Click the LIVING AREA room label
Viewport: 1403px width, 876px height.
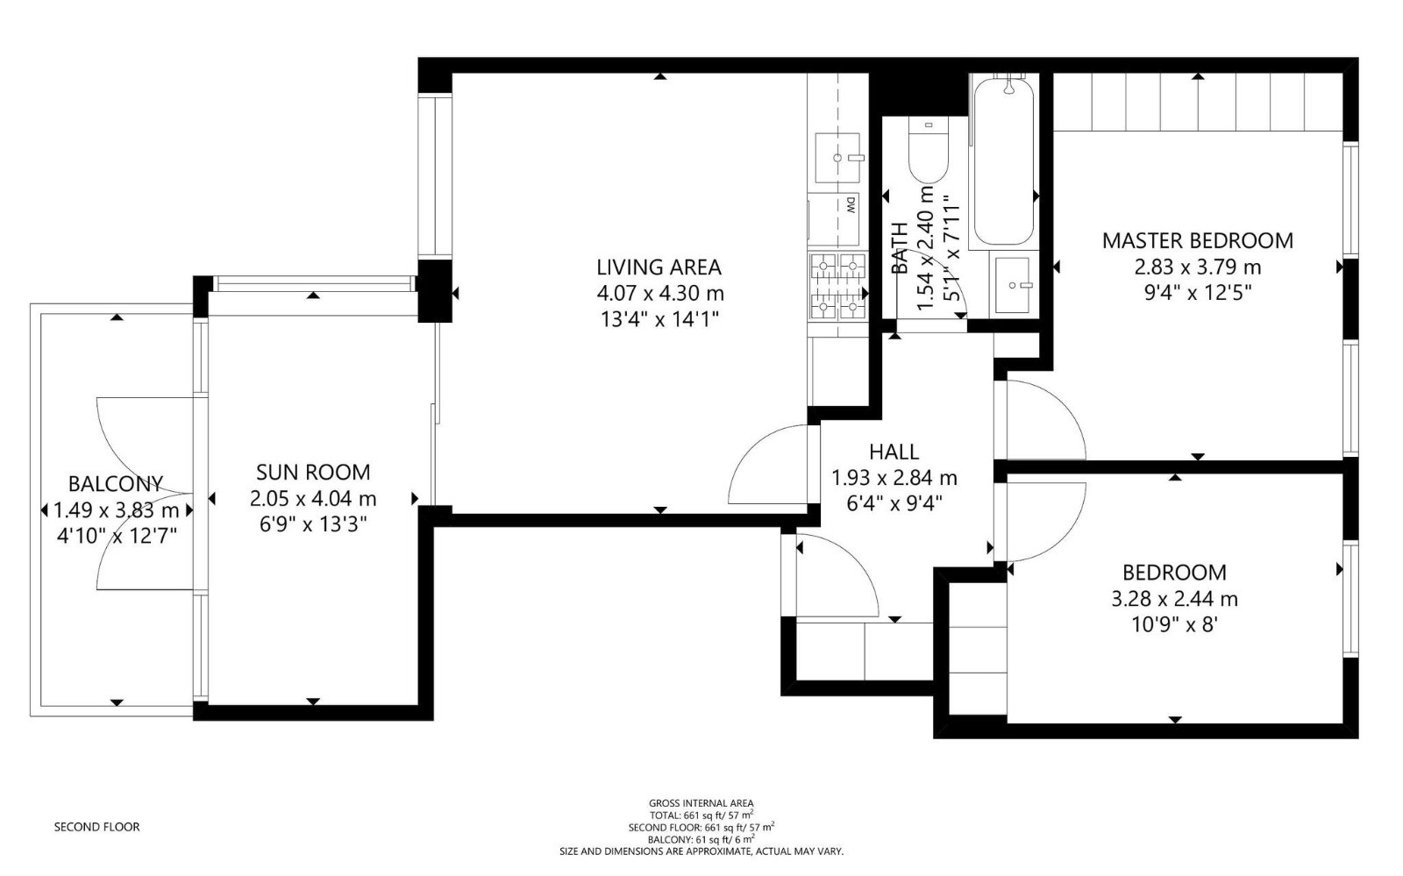pos(659,267)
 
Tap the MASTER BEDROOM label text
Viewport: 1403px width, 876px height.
pos(1198,241)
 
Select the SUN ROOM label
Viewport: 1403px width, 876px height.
pos(313,472)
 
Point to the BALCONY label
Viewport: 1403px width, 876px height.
pos(116,484)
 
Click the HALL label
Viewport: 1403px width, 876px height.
pos(894,452)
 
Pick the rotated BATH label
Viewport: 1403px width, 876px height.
pos(900,248)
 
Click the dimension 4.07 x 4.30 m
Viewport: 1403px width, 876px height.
pos(660,293)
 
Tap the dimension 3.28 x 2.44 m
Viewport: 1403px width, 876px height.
pos(1174,599)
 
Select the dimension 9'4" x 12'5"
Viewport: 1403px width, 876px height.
pos(1198,292)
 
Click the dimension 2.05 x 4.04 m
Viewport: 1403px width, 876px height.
pos(313,499)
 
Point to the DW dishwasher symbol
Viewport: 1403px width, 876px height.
pos(834,219)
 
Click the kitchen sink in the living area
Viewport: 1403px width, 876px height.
pos(838,158)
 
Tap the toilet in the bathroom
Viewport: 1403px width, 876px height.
pos(929,150)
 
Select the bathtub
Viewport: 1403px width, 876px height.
pos(1003,161)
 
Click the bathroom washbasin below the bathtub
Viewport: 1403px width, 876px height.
pos(1012,286)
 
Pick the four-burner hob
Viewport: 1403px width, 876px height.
pos(838,287)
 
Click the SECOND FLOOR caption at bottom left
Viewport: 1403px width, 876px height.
pos(97,827)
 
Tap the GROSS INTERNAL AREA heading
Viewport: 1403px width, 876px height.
pos(701,803)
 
